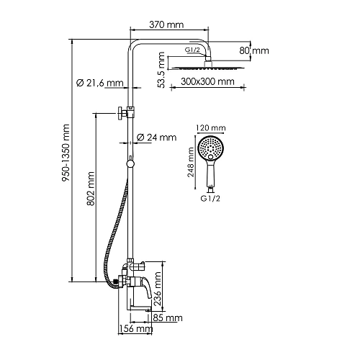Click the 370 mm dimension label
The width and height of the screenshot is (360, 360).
166,24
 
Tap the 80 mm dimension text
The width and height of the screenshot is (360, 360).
254,50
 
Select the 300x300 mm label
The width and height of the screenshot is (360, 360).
207,81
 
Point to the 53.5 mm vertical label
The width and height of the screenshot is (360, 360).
162,70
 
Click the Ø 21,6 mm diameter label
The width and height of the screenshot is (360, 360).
100,83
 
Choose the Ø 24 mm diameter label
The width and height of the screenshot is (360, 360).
156,138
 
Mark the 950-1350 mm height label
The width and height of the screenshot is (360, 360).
66,153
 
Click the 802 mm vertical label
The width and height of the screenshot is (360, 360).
91,189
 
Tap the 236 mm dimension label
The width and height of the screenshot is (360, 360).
158,289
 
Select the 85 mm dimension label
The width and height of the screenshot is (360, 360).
168,318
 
